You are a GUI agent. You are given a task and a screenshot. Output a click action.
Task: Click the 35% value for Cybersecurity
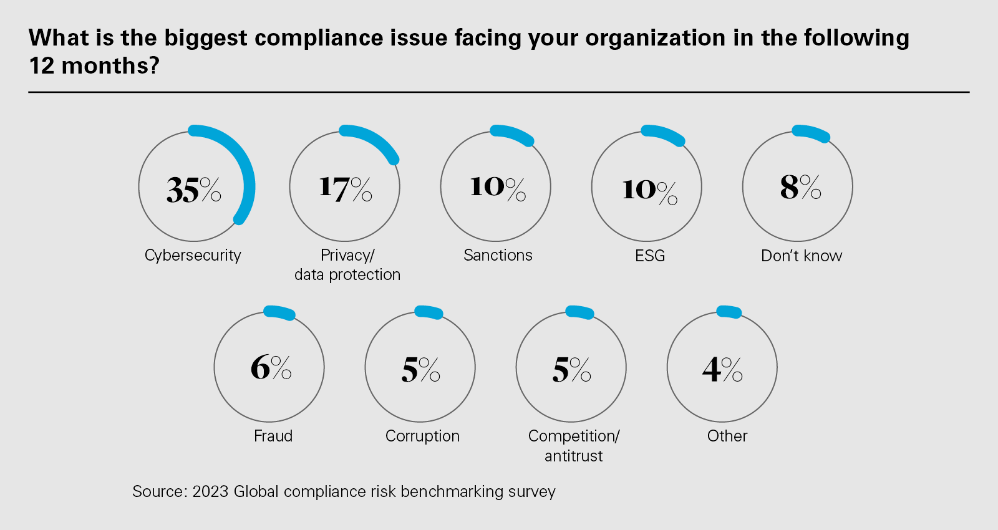[193, 190]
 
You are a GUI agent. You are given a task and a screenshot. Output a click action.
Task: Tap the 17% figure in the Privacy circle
[345, 188]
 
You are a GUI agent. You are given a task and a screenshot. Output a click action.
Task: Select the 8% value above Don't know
[800, 186]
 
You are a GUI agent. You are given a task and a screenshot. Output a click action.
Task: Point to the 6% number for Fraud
[271, 367]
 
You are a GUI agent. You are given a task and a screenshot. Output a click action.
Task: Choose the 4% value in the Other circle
[722, 369]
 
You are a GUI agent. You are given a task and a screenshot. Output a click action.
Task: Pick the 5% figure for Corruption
[420, 370]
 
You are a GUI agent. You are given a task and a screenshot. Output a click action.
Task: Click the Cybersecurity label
[193, 256]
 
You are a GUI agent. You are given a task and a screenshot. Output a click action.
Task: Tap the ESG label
[650, 256]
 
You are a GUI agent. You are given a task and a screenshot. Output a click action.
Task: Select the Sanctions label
[498, 255]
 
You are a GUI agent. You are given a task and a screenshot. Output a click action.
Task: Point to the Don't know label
[802, 256]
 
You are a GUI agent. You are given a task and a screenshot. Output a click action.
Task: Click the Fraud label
[273, 436]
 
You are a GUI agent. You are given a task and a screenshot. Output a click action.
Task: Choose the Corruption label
[422, 436]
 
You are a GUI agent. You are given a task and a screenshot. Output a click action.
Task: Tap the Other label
[727, 436]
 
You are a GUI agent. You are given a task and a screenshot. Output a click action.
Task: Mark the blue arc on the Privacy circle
[374, 140]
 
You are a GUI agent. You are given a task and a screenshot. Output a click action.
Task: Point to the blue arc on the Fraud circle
[279, 312]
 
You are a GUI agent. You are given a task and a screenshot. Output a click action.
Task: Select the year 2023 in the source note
[210, 491]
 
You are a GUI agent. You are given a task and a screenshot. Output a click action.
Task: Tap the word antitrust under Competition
[573, 456]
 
